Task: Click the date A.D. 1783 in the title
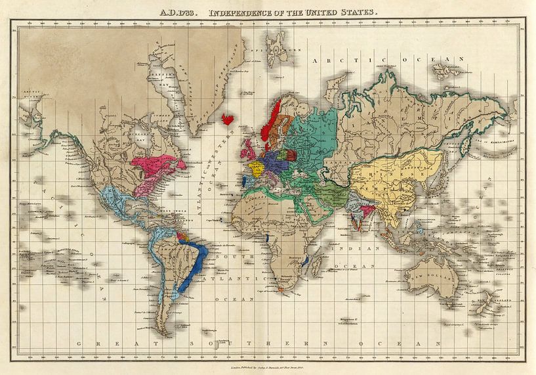[181, 12]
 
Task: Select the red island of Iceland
[228, 119]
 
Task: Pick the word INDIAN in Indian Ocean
[368, 249]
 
